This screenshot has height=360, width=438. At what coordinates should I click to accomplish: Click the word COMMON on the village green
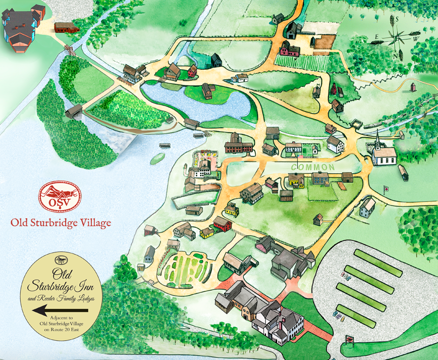(x=312, y=167)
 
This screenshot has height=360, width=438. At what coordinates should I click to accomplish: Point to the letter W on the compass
(x=416, y=39)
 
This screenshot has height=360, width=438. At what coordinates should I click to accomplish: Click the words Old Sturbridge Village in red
(x=61, y=222)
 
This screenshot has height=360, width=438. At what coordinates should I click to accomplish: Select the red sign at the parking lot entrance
(x=349, y=338)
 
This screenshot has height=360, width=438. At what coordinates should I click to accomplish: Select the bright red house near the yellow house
(x=223, y=223)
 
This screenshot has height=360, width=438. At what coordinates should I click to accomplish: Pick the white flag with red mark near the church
(x=386, y=188)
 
